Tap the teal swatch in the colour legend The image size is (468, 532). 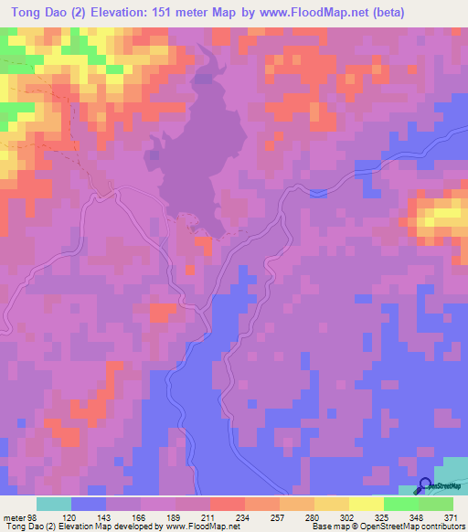coord(53,503)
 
